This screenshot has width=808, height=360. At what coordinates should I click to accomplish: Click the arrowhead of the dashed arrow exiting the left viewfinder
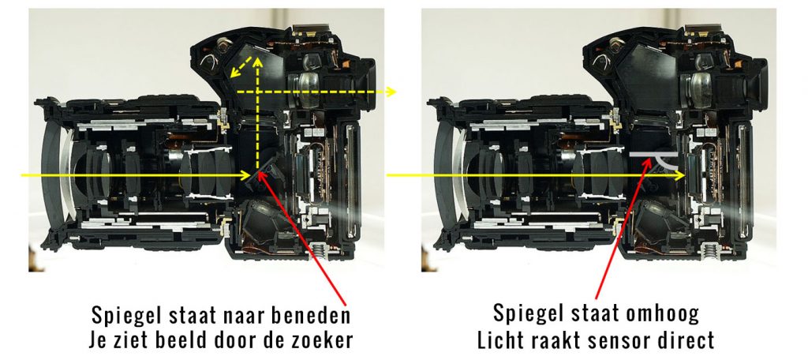tap(391, 92)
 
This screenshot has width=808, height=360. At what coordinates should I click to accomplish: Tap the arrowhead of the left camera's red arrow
tap(261, 175)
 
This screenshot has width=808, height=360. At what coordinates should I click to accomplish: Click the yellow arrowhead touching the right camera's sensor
tap(680, 175)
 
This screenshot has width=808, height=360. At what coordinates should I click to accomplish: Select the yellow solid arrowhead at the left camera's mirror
tap(246, 175)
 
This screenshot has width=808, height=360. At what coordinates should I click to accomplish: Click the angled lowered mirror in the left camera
tap(268, 167)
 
